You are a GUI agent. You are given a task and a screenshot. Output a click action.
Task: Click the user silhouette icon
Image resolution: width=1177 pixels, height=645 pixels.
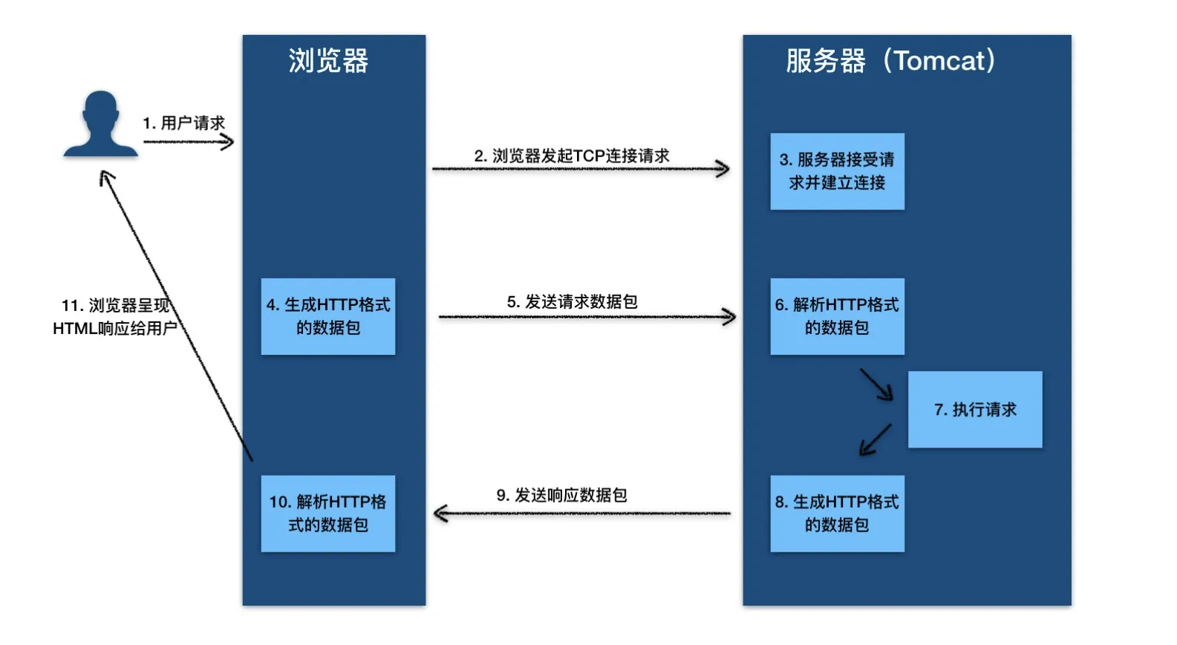coord(100,125)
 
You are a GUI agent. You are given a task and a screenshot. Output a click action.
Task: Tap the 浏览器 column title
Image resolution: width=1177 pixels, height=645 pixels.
coord(328,61)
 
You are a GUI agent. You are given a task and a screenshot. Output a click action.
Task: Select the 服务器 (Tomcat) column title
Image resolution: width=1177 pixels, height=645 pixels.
coord(890,61)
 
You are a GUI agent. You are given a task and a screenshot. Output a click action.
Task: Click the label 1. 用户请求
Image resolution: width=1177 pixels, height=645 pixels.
coord(183,123)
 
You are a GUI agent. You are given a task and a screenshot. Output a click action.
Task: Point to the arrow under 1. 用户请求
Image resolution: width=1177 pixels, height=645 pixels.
coord(189,141)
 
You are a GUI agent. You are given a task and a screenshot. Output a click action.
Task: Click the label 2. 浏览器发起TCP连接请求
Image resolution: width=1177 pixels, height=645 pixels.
coord(572,156)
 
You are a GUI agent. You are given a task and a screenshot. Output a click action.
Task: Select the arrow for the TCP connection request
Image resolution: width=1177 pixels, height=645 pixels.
coord(580,169)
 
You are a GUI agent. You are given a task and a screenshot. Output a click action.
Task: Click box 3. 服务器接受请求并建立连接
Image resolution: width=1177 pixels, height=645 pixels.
coord(837,171)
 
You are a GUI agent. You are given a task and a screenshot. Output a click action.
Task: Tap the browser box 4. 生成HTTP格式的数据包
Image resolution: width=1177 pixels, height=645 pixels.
coord(328,316)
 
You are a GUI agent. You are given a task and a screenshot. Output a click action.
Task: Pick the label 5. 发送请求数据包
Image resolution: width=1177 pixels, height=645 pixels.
coord(572,302)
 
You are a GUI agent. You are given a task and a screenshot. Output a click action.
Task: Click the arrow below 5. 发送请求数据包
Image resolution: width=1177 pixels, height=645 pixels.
coord(587,317)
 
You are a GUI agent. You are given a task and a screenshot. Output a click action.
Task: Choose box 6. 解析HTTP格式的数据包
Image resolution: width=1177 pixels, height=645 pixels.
coord(837,316)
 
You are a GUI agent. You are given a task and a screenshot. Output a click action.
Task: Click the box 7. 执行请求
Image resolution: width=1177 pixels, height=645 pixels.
coord(975,410)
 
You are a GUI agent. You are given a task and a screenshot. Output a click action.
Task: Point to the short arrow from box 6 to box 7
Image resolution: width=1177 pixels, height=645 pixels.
coord(877,384)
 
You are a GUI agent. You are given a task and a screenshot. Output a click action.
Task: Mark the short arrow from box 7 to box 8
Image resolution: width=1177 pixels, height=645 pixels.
coord(875,439)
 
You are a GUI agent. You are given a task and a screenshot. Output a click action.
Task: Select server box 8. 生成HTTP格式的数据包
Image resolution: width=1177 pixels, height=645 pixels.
coord(837,514)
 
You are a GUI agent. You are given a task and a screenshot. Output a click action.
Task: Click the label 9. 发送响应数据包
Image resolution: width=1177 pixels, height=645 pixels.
coord(561,495)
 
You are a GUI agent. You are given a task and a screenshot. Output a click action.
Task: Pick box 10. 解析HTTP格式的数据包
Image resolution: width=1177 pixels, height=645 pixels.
coord(328,514)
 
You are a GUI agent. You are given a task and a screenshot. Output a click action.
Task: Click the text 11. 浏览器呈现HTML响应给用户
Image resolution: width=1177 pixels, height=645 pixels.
coord(114,317)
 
